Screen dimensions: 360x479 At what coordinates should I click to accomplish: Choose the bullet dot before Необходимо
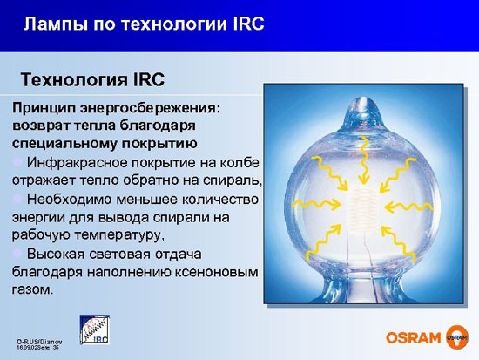(x=17, y=200)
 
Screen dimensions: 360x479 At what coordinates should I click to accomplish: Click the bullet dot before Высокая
(x=17, y=254)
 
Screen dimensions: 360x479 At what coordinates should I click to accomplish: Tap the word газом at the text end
(x=32, y=289)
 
